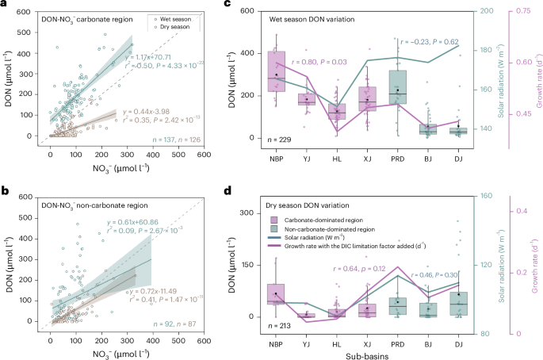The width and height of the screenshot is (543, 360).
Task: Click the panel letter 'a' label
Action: [4, 5]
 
